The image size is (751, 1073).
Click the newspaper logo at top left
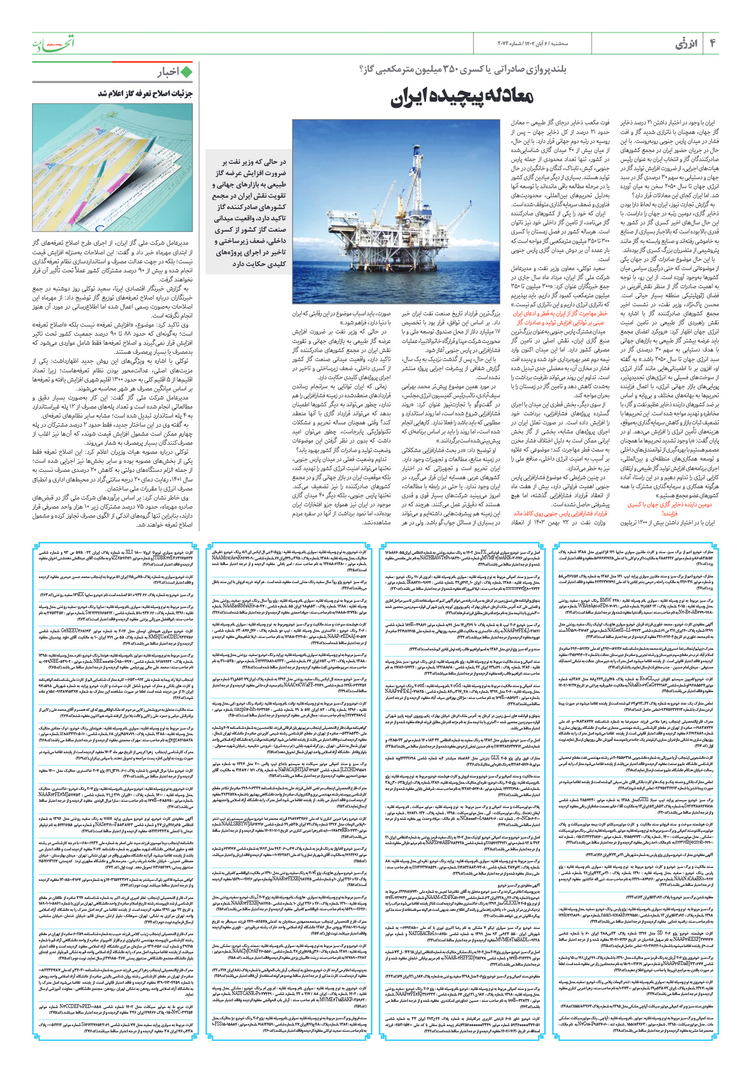[53, 43]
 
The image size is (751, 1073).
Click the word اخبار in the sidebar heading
[168, 72]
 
